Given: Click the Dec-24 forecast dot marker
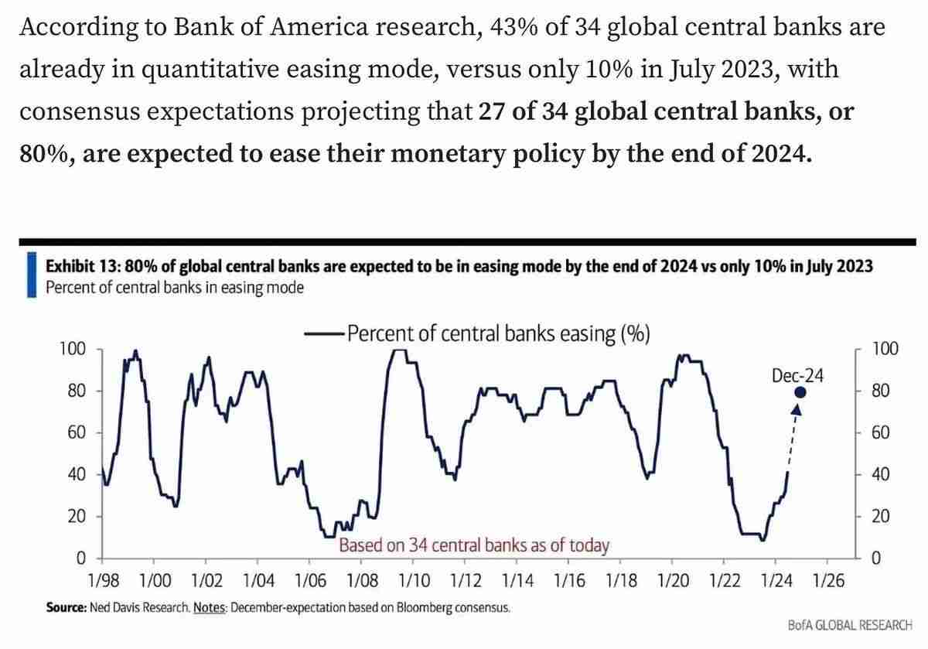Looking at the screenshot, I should [x=800, y=392].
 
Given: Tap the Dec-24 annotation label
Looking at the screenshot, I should [x=798, y=375].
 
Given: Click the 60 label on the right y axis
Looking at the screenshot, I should [x=881, y=433].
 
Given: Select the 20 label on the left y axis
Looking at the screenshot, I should [x=75, y=517].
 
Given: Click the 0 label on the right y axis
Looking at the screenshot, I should [x=876, y=558].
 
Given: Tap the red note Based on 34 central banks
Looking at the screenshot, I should [x=474, y=545].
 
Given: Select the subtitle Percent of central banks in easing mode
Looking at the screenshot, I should [x=175, y=288].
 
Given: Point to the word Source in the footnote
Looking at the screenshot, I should [x=66, y=608].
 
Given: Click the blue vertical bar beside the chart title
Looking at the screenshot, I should [x=31, y=276].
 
